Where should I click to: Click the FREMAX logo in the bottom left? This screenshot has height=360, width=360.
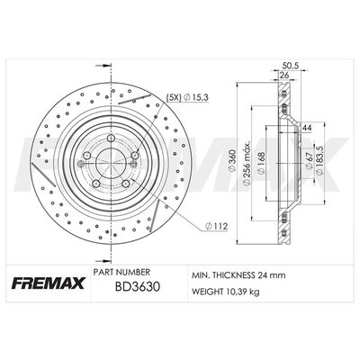coord(49,283)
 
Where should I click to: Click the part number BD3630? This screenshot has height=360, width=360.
coord(137,286)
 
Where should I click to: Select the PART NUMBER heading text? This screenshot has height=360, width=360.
coord(121,272)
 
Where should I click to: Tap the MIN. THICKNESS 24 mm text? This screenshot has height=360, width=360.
coord(238,275)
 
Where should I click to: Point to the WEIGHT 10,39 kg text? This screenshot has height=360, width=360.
coord(225,292)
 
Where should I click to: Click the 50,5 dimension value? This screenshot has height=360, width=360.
coord(289,65)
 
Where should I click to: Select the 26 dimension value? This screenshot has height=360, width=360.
coord(284,75)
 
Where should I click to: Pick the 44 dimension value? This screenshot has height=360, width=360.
coord(307,128)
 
